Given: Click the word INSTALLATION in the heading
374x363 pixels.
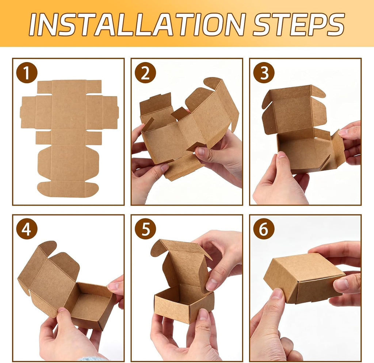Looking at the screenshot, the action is (137, 24).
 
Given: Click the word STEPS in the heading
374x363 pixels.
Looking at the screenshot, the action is (299, 24).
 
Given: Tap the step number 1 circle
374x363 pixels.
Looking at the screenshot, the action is (27, 73).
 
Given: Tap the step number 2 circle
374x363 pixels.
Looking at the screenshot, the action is (145, 73).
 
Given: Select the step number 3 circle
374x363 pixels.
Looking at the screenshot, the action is (264, 73).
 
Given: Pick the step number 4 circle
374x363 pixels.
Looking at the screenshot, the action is (27, 229).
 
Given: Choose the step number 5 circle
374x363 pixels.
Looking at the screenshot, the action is (145, 229).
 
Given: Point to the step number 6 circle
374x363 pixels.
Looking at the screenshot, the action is (264, 229).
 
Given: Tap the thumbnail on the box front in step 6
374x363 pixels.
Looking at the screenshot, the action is (277, 294).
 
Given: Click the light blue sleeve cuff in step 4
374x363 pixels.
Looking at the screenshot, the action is (95, 359).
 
